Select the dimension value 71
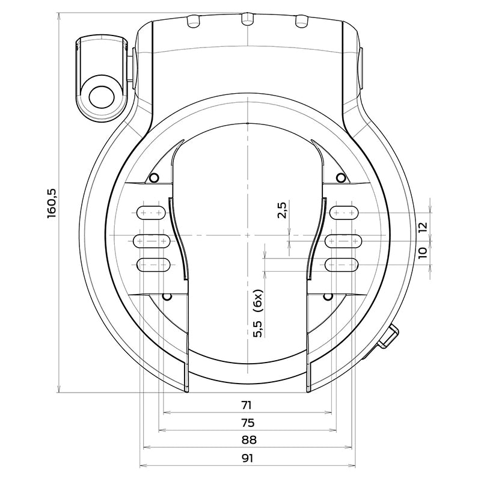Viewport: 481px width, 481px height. point(247,404)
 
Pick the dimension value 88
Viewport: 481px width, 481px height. point(247,440)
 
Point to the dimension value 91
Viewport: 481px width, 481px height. point(247,458)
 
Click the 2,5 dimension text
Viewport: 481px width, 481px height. point(282,211)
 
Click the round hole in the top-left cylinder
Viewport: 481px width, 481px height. point(102,94)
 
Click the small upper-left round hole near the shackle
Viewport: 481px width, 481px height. point(154,177)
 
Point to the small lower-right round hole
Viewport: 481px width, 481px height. point(328,296)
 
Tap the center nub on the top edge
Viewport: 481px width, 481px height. point(245,20)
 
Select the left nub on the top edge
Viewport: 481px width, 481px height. point(192,22)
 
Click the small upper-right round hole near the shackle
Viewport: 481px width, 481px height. point(341,177)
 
